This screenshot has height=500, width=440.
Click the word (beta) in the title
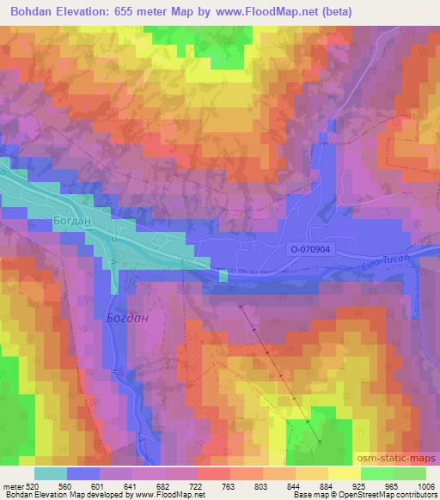click(x=333, y=12)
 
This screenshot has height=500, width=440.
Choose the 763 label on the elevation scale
click(x=229, y=485)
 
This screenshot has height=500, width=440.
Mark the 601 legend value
click(x=101, y=485)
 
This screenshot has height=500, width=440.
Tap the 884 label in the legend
click(x=327, y=485)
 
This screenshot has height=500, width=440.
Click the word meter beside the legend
click(x=14, y=485)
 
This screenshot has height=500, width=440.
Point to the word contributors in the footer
click(x=416, y=495)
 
